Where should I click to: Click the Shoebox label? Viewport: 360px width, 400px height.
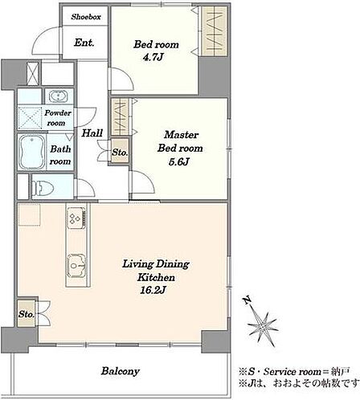(86, 17)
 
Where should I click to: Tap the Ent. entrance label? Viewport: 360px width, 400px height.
(84, 43)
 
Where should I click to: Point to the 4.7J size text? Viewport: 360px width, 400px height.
(153, 57)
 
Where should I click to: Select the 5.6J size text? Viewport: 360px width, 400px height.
(179, 161)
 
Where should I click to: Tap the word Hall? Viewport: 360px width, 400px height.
(92, 133)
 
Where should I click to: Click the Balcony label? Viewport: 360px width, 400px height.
(121, 371)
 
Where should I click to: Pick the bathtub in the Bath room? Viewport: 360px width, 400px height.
(32, 152)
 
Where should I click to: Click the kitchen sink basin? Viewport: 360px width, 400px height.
(76, 266)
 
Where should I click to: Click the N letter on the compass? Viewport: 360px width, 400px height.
(247, 300)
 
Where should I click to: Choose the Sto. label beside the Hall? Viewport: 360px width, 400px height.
(120, 153)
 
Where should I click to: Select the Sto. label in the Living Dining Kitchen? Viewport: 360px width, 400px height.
(27, 314)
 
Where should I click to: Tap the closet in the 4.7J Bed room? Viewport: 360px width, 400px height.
(214, 31)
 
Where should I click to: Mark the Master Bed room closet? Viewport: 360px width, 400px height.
(120, 117)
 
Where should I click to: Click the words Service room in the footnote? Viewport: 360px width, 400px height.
(292, 372)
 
